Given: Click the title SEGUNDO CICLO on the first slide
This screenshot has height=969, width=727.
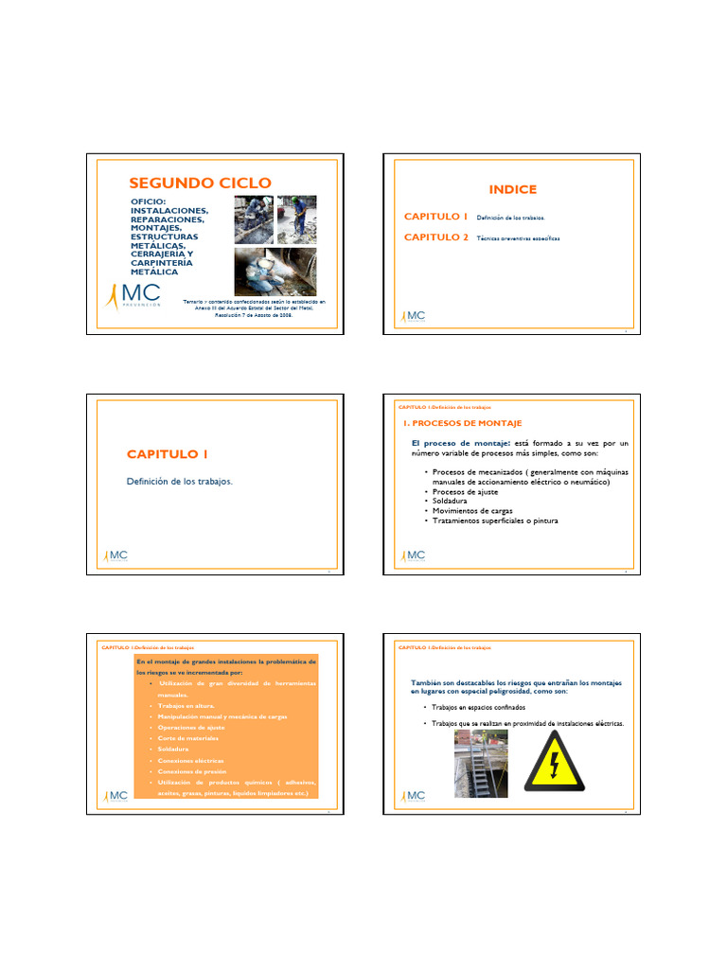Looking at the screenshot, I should tap(200, 183).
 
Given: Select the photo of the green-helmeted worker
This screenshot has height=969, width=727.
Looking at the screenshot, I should tap(296, 220).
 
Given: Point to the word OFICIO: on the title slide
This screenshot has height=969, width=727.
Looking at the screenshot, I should tap(148, 202).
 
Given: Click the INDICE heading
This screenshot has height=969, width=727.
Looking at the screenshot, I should tap(513, 189).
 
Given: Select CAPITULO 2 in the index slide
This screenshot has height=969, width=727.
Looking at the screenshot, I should tap(436, 238).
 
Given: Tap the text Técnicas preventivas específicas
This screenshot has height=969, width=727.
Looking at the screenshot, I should tap(518, 238).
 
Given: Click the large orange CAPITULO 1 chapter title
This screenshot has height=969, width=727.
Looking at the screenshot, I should tap(168, 454).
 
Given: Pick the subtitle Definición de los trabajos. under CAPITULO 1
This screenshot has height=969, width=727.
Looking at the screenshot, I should tap(179, 482).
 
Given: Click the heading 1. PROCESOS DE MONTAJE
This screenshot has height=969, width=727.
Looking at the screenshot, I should tap(463, 423).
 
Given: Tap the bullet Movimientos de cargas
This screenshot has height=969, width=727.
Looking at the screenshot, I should tap(472, 511).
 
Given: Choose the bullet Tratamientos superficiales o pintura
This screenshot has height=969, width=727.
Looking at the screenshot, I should tap(494, 520).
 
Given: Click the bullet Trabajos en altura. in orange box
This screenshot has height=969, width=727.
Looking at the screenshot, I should tap(186, 706).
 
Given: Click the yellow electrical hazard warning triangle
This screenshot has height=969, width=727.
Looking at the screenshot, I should tap(555, 762).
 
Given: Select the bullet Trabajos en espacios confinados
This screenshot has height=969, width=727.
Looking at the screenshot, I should tap(478, 708).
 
